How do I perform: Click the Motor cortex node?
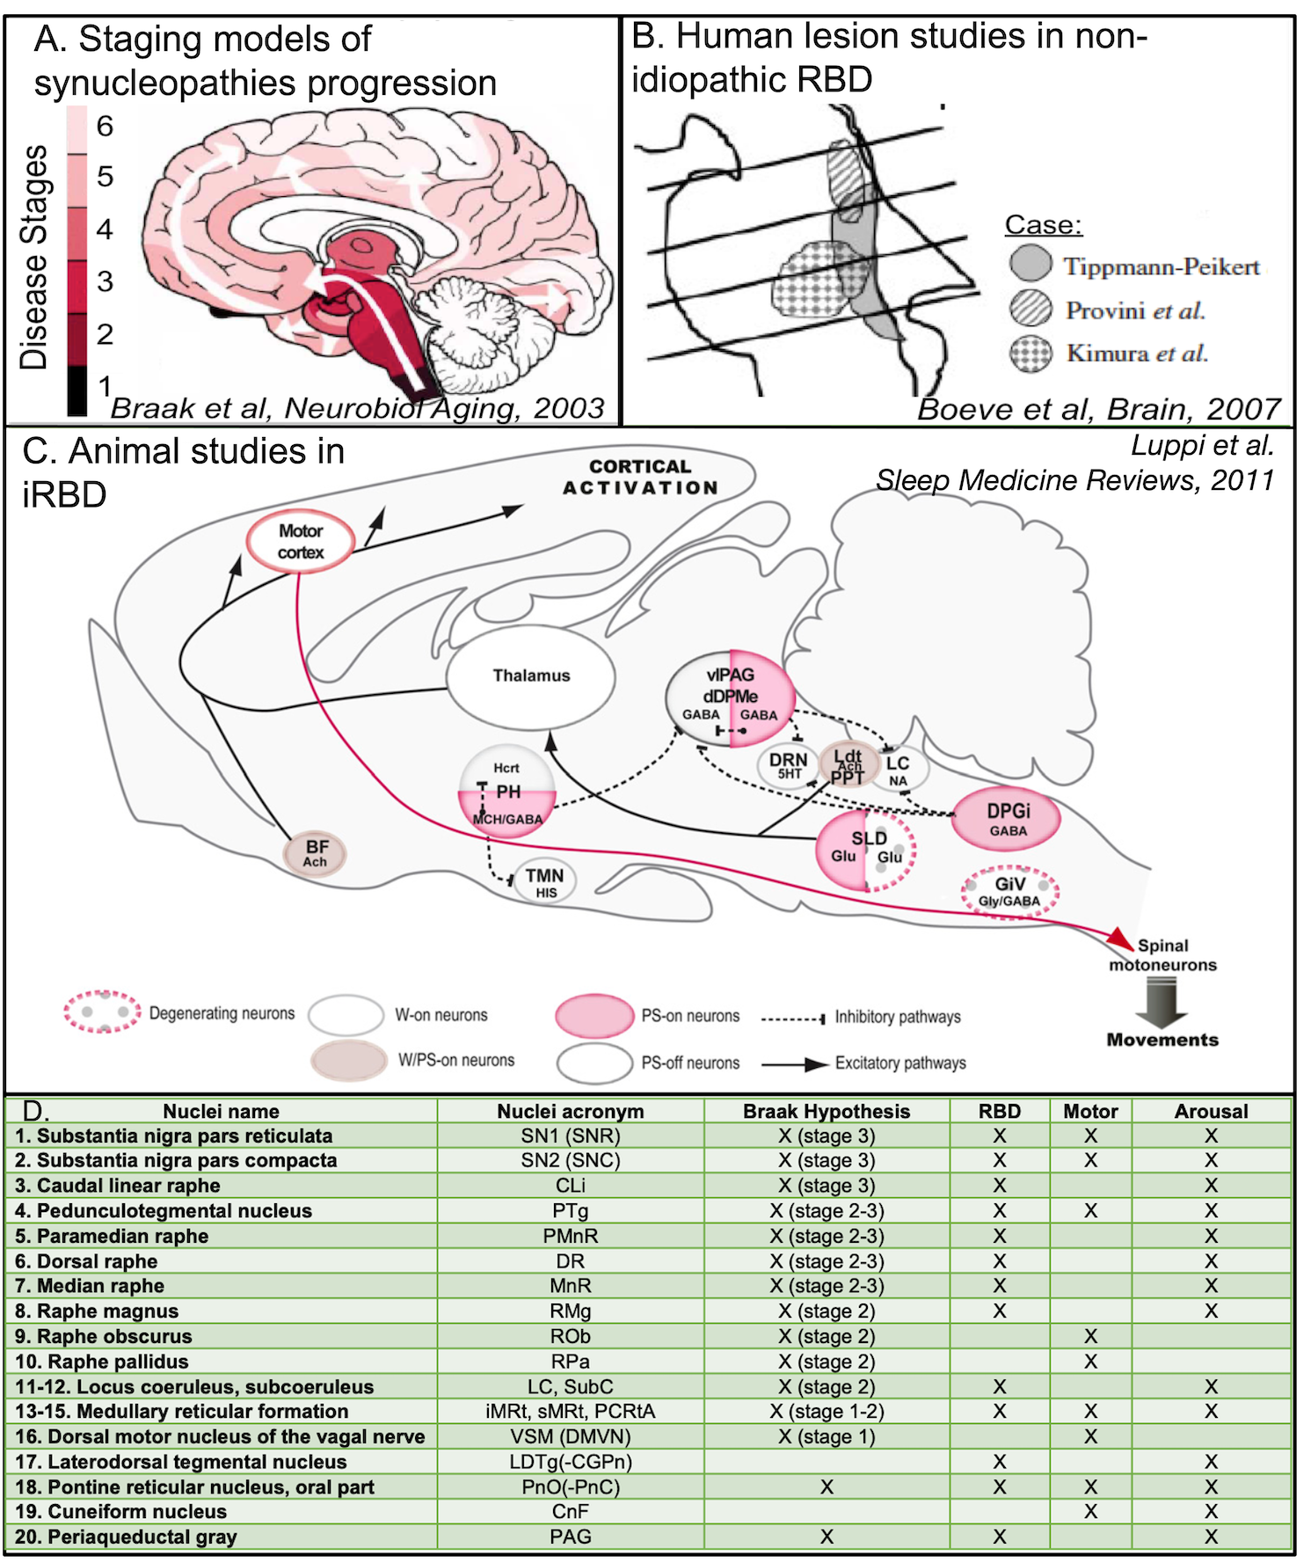[301, 542]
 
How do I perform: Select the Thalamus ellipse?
[531, 676]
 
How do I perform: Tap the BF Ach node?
[315, 853]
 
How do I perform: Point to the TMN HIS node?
[545, 882]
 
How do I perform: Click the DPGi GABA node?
[1008, 818]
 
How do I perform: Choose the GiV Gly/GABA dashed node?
[1009, 891]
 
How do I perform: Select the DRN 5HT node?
[788, 765]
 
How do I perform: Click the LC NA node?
[899, 770]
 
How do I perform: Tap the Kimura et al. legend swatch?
[1031, 354]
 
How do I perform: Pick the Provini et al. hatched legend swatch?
[1031, 310]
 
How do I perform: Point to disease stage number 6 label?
[105, 127]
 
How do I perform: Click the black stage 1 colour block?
[77, 391]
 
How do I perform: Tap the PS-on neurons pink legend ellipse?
[594, 1016]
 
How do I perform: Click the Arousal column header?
[1211, 1111]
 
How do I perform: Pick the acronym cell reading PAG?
[570, 1537]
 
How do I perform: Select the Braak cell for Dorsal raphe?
[827, 1261]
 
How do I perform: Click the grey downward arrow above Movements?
[1162, 1002]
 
